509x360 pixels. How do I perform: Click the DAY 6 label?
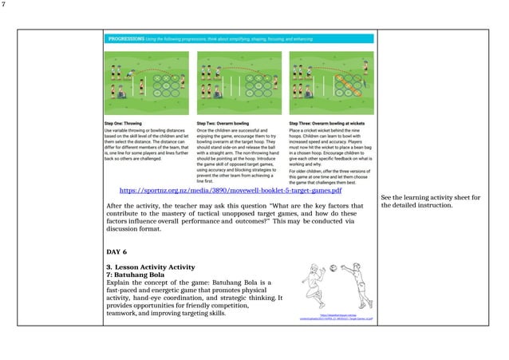point(117,251)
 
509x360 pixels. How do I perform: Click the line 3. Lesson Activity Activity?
point(152,266)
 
